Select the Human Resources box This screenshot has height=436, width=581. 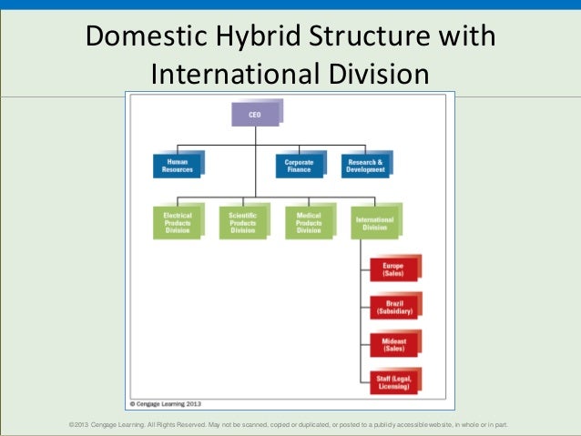pyautogui.click(x=177, y=165)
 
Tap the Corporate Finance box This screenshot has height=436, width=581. pyautogui.click(x=298, y=165)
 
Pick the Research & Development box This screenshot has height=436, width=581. pyautogui.click(x=364, y=165)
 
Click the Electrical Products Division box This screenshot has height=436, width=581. pyautogui.click(x=177, y=222)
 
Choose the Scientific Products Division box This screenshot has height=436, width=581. pyautogui.click(x=242, y=222)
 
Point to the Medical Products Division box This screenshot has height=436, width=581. pyautogui.click(x=309, y=222)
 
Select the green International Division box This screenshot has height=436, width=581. pyautogui.click(x=374, y=222)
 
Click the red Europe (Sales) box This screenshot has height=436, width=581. pyautogui.click(x=392, y=269)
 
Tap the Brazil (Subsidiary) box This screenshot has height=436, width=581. pyautogui.click(x=392, y=307)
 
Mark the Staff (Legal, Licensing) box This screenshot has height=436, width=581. pyautogui.click(x=392, y=382)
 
